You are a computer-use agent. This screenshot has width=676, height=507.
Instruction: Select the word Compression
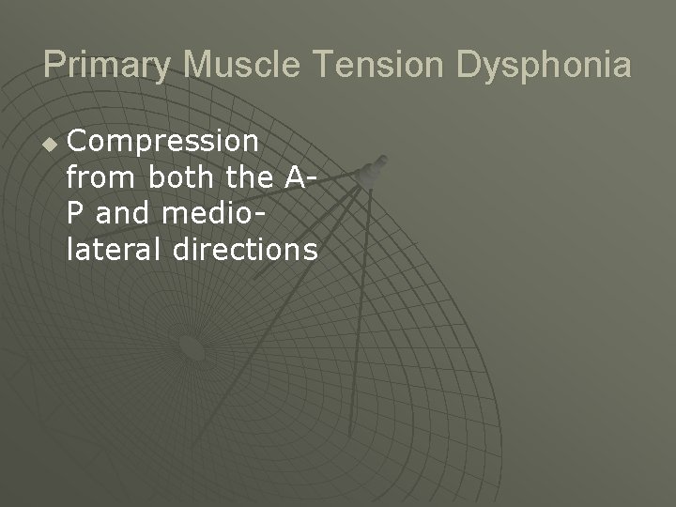tap(163, 143)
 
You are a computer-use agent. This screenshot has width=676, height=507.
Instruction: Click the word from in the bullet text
tap(98, 178)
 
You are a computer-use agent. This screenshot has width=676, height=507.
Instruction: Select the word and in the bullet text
tap(124, 215)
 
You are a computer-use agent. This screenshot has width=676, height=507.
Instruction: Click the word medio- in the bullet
tap(212, 215)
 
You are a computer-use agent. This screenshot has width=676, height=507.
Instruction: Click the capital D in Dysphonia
tap(469, 65)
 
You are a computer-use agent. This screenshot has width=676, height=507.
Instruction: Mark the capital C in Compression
tap(78, 143)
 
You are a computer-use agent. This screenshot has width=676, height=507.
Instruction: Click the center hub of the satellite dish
tap(191, 348)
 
